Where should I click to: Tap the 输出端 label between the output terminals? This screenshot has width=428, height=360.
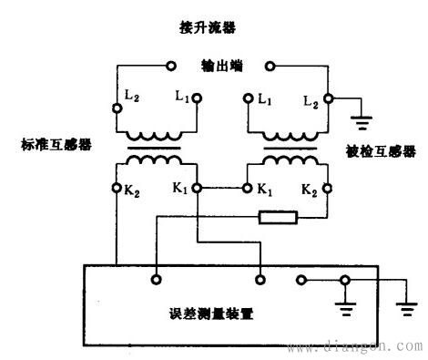point(219,67)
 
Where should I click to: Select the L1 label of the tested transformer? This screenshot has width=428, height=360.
point(265,97)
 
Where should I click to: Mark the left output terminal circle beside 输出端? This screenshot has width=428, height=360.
point(170,66)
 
